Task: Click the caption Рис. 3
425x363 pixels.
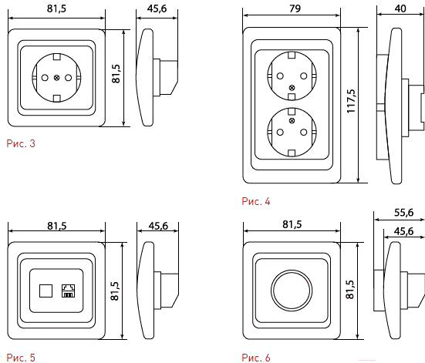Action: coord(21,143)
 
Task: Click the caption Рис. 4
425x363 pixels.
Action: coord(256,201)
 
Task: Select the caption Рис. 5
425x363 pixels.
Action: coord(21,358)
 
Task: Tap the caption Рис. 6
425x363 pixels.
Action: coord(256,358)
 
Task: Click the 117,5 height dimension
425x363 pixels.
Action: coord(351,101)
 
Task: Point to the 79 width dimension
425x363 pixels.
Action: coord(295,8)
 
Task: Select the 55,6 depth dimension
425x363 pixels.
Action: coord(404,213)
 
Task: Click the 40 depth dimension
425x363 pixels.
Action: coord(400,8)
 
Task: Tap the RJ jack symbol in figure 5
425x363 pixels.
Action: coord(68,291)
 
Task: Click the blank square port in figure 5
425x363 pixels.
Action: coord(46,291)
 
